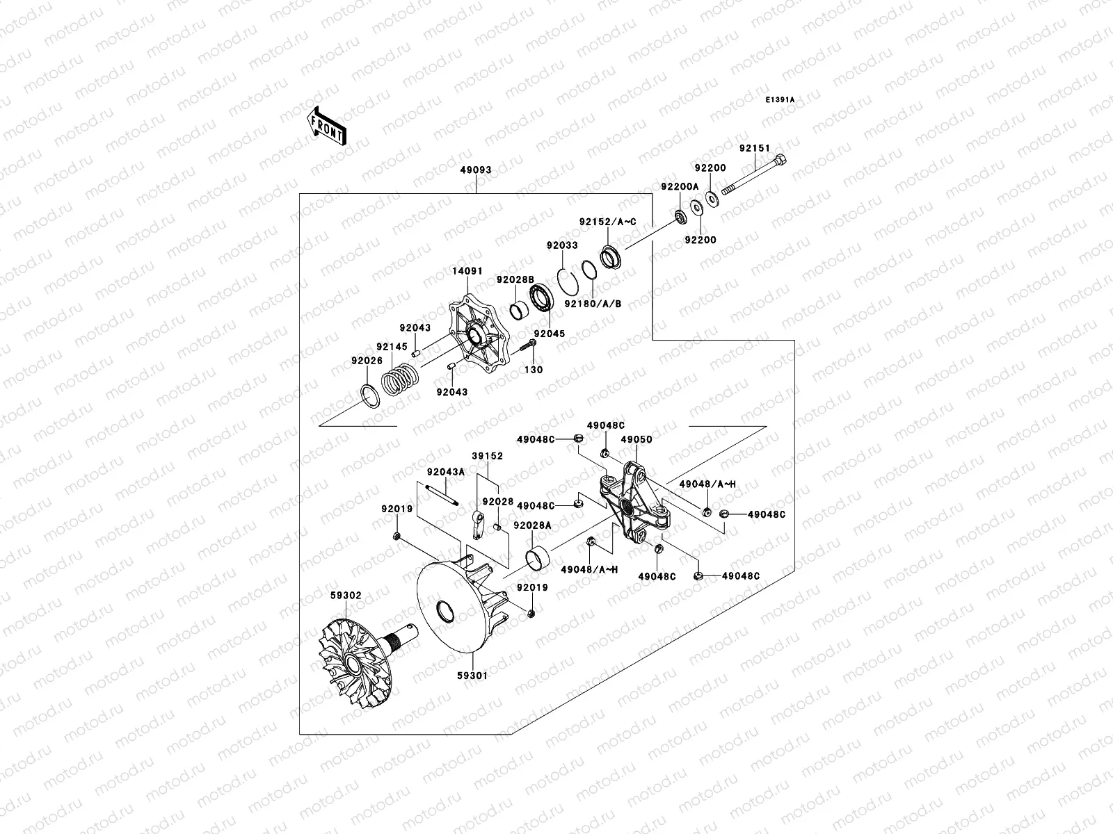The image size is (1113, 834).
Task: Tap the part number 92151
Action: click(755, 148)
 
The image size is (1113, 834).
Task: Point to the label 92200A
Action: click(679, 186)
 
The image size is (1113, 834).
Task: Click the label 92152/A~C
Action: click(607, 222)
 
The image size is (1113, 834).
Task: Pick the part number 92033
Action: click(561, 245)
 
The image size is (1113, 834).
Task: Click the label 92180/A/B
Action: click(593, 304)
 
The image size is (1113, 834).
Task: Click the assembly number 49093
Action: click(475, 169)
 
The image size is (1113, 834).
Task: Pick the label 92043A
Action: click(445, 471)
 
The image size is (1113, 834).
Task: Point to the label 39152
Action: click(487, 456)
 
